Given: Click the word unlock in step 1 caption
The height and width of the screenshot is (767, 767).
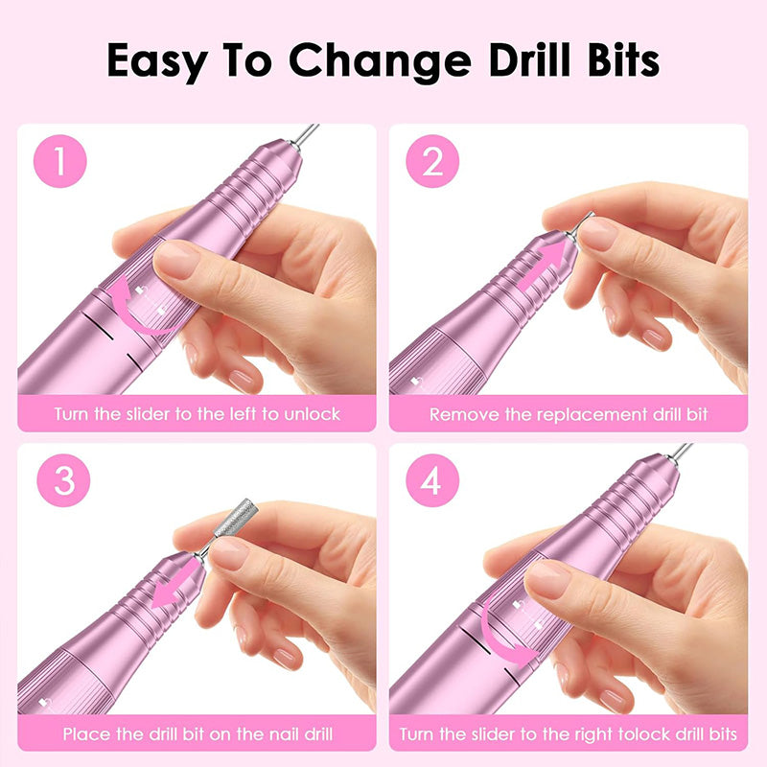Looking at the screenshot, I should [x=314, y=415].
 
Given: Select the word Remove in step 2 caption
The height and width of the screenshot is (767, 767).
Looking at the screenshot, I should [x=461, y=415].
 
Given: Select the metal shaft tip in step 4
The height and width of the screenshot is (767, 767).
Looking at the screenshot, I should [x=679, y=453].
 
